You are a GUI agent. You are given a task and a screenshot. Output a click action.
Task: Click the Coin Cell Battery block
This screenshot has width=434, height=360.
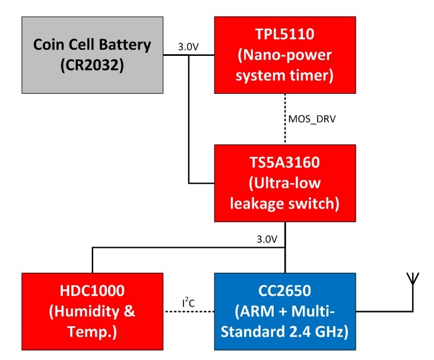pyautogui.click(x=92, y=55)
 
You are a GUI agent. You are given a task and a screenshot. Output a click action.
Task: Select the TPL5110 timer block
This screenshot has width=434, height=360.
pyautogui.click(x=285, y=55)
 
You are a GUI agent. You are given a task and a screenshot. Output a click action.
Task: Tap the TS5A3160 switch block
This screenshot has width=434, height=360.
pyautogui.click(x=285, y=184)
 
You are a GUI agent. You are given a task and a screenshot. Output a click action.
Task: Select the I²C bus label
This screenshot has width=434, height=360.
pyautogui.click(x=188, y=303)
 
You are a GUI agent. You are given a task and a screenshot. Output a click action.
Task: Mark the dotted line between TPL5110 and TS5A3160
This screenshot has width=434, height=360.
pyautogui.click(x=286, y=119)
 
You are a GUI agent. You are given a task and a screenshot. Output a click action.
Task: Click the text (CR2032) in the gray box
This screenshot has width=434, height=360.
pyautogui.click(x=92, y=65)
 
